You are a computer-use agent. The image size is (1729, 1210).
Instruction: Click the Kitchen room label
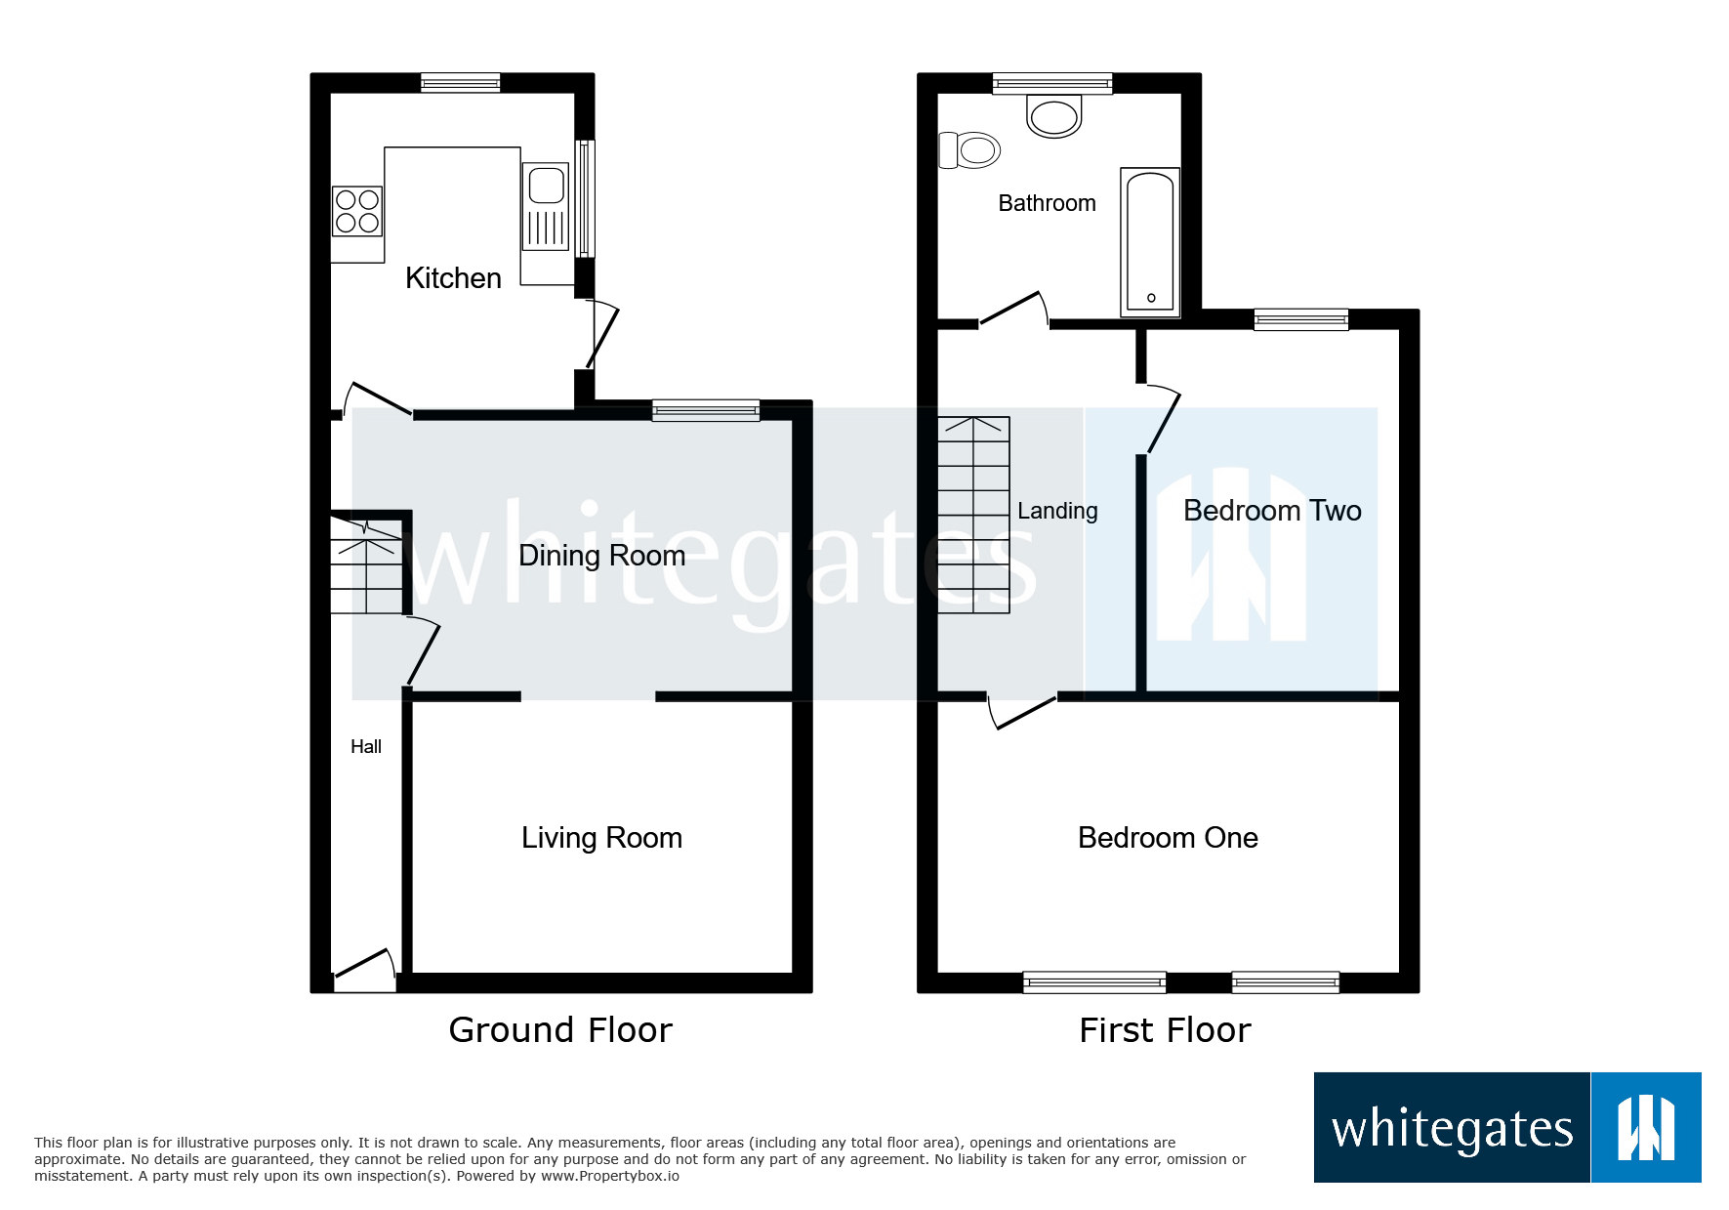[x=453, y=278]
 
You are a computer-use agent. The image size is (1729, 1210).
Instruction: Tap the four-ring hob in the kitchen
[x=356, y=212]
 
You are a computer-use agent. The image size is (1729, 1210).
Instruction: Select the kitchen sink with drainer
[x=546, y=207]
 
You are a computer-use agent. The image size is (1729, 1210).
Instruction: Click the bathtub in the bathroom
[x=1150, y=241]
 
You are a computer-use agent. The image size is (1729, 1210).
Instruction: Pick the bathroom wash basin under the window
[x=1053, y=116]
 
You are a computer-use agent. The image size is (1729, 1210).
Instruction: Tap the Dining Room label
[x=601, y=556]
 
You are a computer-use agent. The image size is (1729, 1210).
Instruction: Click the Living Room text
[x=601, y=838]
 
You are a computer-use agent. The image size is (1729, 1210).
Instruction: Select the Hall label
[x=366, y=747]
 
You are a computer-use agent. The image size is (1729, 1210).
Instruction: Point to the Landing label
[x=1057, y=511]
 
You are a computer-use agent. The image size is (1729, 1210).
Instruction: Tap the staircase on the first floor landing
[x=973, y=515]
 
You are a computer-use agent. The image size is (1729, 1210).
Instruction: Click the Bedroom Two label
[x=1272, y=511]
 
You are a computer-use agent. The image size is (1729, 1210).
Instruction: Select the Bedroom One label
[x=1168, y=838]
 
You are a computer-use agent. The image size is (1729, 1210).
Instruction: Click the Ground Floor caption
[x=560, y=1030]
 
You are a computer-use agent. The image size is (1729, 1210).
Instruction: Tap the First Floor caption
[x=1165, y=1030]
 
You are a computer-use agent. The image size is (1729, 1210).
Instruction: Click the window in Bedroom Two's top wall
[x=1300, y=319]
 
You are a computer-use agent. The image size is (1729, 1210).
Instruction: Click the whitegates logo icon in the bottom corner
[x=1646, y=1127]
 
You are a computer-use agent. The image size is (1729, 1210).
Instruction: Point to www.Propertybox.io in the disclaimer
[x=609, y=1176]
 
